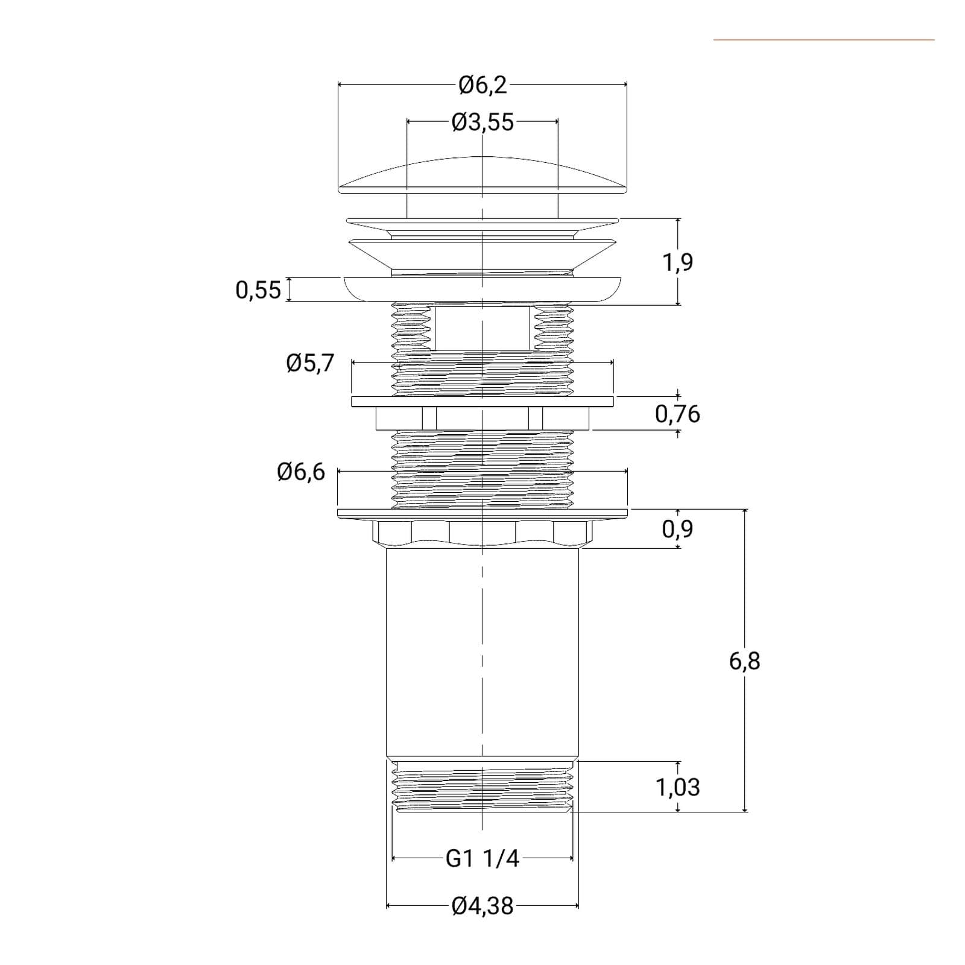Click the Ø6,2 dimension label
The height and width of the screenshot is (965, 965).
[482, 85]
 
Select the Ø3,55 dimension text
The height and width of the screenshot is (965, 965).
[482, 122]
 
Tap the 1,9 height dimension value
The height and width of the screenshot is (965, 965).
[678, 262]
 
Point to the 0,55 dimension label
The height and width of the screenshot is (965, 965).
[258, 290]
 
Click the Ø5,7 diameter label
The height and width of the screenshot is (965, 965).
[310, 363]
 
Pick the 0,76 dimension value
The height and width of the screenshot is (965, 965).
[678, 414]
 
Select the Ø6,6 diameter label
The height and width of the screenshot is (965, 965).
[301, 472]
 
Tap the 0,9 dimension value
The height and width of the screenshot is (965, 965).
[678, 529]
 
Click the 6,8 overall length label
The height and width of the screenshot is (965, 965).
[745, 661]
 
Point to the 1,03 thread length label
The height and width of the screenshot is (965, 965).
[678, 787]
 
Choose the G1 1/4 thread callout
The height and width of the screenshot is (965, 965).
[482, 858]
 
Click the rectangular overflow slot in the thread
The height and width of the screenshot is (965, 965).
[482, 327]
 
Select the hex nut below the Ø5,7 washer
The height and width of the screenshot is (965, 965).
[482, 418]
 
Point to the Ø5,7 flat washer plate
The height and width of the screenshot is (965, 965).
[482, 401]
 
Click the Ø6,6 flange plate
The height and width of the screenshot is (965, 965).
[482, 513]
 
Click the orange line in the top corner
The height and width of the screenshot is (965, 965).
[824, 40]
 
